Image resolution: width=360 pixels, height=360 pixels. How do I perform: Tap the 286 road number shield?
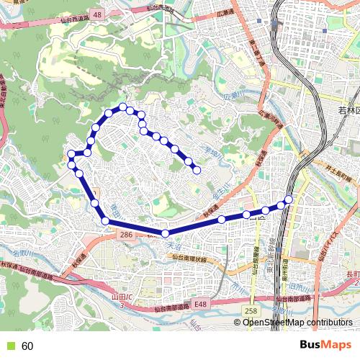(x=126, y=235)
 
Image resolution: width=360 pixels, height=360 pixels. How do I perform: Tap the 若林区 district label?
(x=352, y=110)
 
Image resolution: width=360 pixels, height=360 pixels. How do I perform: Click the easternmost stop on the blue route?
(x=289, y=199)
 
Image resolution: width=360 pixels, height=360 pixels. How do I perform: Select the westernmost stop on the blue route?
(x=71, y=154)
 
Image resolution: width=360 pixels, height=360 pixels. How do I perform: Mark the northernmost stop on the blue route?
(x=123, y=107)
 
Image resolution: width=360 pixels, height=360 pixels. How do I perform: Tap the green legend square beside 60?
(x=10, y=346)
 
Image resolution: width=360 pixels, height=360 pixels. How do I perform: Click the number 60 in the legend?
(x=27, y=346)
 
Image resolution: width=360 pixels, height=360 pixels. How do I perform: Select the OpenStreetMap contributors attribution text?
(x=297, y=323)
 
